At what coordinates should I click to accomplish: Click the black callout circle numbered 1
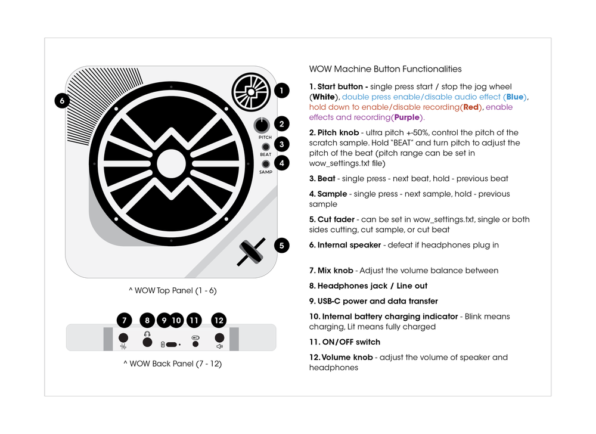281,91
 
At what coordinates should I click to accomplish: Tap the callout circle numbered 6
62,101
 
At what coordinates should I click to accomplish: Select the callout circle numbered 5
281,244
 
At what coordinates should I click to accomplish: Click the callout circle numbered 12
219,320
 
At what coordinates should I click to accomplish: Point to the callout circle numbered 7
124,320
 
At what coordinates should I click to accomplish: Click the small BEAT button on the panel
265,146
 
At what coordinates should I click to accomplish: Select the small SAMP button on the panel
265,163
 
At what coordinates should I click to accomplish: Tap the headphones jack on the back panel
147,342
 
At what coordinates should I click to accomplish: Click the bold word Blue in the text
516,97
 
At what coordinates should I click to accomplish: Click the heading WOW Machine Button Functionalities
385,69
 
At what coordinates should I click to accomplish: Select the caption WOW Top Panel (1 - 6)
172,290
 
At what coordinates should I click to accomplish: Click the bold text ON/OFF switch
344,342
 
